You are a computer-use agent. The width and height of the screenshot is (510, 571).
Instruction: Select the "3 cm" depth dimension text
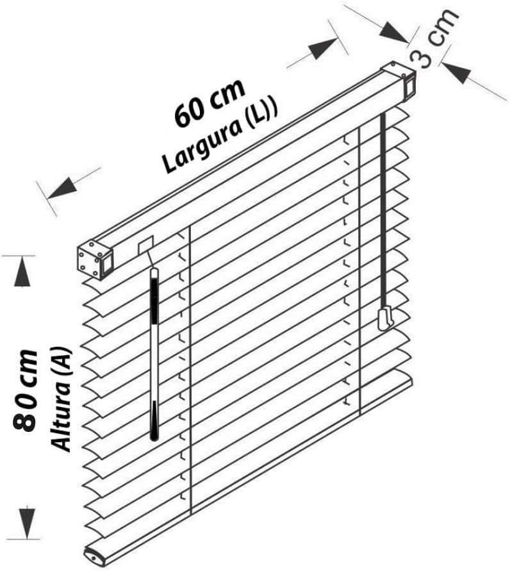434,38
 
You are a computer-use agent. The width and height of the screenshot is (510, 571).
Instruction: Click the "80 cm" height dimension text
25,391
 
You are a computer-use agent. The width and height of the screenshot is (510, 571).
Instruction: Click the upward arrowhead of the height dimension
22,271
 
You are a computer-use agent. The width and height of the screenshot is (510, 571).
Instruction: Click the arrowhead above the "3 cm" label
394,32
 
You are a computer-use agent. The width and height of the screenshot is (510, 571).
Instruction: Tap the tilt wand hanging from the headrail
154,354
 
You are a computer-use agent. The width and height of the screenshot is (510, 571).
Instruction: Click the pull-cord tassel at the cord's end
386,318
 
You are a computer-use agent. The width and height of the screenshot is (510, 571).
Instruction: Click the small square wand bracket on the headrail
145,245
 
